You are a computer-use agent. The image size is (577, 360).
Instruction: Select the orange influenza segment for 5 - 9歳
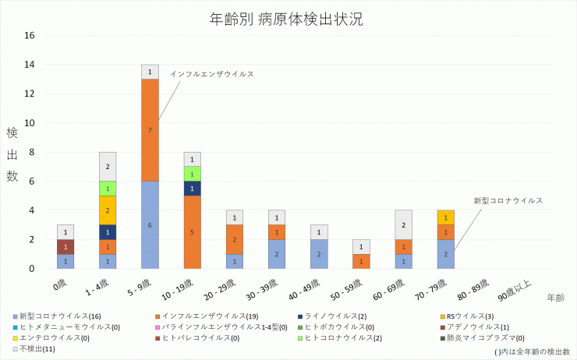(150, 129)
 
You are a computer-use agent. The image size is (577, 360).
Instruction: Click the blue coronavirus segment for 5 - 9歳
(150, 224)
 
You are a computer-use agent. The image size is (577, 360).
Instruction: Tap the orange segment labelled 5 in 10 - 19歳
(192, 231)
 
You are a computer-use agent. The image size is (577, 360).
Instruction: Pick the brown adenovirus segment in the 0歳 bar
(66, 246)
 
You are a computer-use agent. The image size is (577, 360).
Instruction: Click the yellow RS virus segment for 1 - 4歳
(108, 210)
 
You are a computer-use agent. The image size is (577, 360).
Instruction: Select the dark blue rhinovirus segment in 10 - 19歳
(192, 188)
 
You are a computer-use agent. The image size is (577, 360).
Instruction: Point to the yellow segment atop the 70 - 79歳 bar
(445, 217)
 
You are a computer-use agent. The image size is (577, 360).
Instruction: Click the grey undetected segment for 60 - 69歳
(403, 224)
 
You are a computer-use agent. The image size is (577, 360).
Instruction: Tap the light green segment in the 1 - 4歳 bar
(108, 188)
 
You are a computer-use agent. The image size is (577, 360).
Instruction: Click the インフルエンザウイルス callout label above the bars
(212, 74)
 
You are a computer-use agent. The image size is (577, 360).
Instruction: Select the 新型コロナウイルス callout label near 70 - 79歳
(508, 200)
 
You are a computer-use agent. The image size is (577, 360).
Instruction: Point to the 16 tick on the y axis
(30, 35)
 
